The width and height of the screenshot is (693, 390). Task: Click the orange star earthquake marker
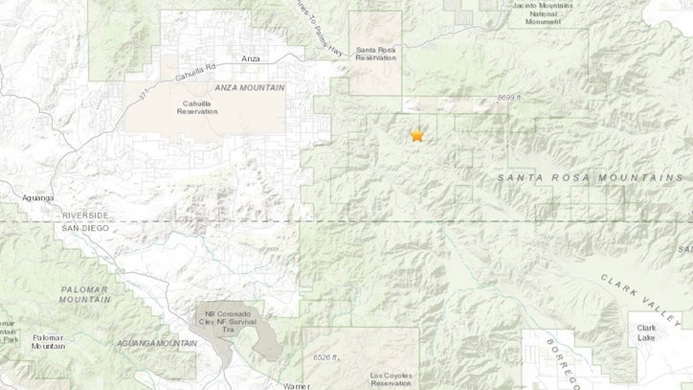click(417, 136)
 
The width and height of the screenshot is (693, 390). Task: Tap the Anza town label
click(251, 59)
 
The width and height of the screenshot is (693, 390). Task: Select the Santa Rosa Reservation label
click(374, 55)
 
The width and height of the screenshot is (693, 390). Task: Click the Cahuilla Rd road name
click(197, 67)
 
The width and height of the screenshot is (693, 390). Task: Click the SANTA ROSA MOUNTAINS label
click(590, 178)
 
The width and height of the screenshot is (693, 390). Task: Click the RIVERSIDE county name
click(85, 216)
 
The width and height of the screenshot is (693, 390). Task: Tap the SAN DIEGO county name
click(85, 228)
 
